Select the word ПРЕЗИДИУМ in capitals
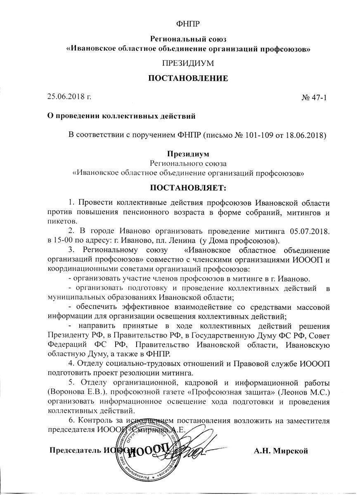click(x=188, y=64)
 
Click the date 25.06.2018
click(x=66, y=97)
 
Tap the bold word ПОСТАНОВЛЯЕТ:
click(x=188, y=189)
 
